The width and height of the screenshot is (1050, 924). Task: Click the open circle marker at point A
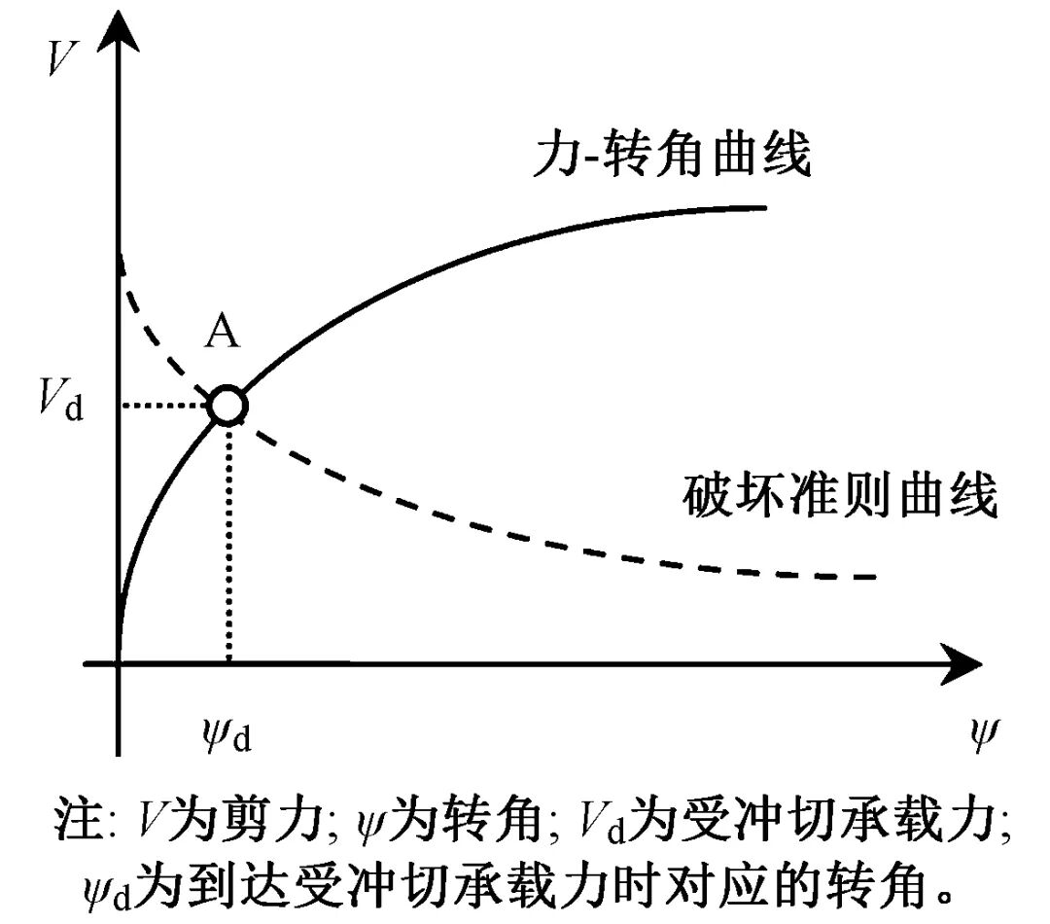(x=227, y=405)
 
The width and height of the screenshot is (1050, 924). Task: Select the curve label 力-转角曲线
(x=672, y=155)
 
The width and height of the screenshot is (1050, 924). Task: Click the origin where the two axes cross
(x=118, y=664)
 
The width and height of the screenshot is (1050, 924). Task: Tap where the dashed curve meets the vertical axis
(x=118, y=255)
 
